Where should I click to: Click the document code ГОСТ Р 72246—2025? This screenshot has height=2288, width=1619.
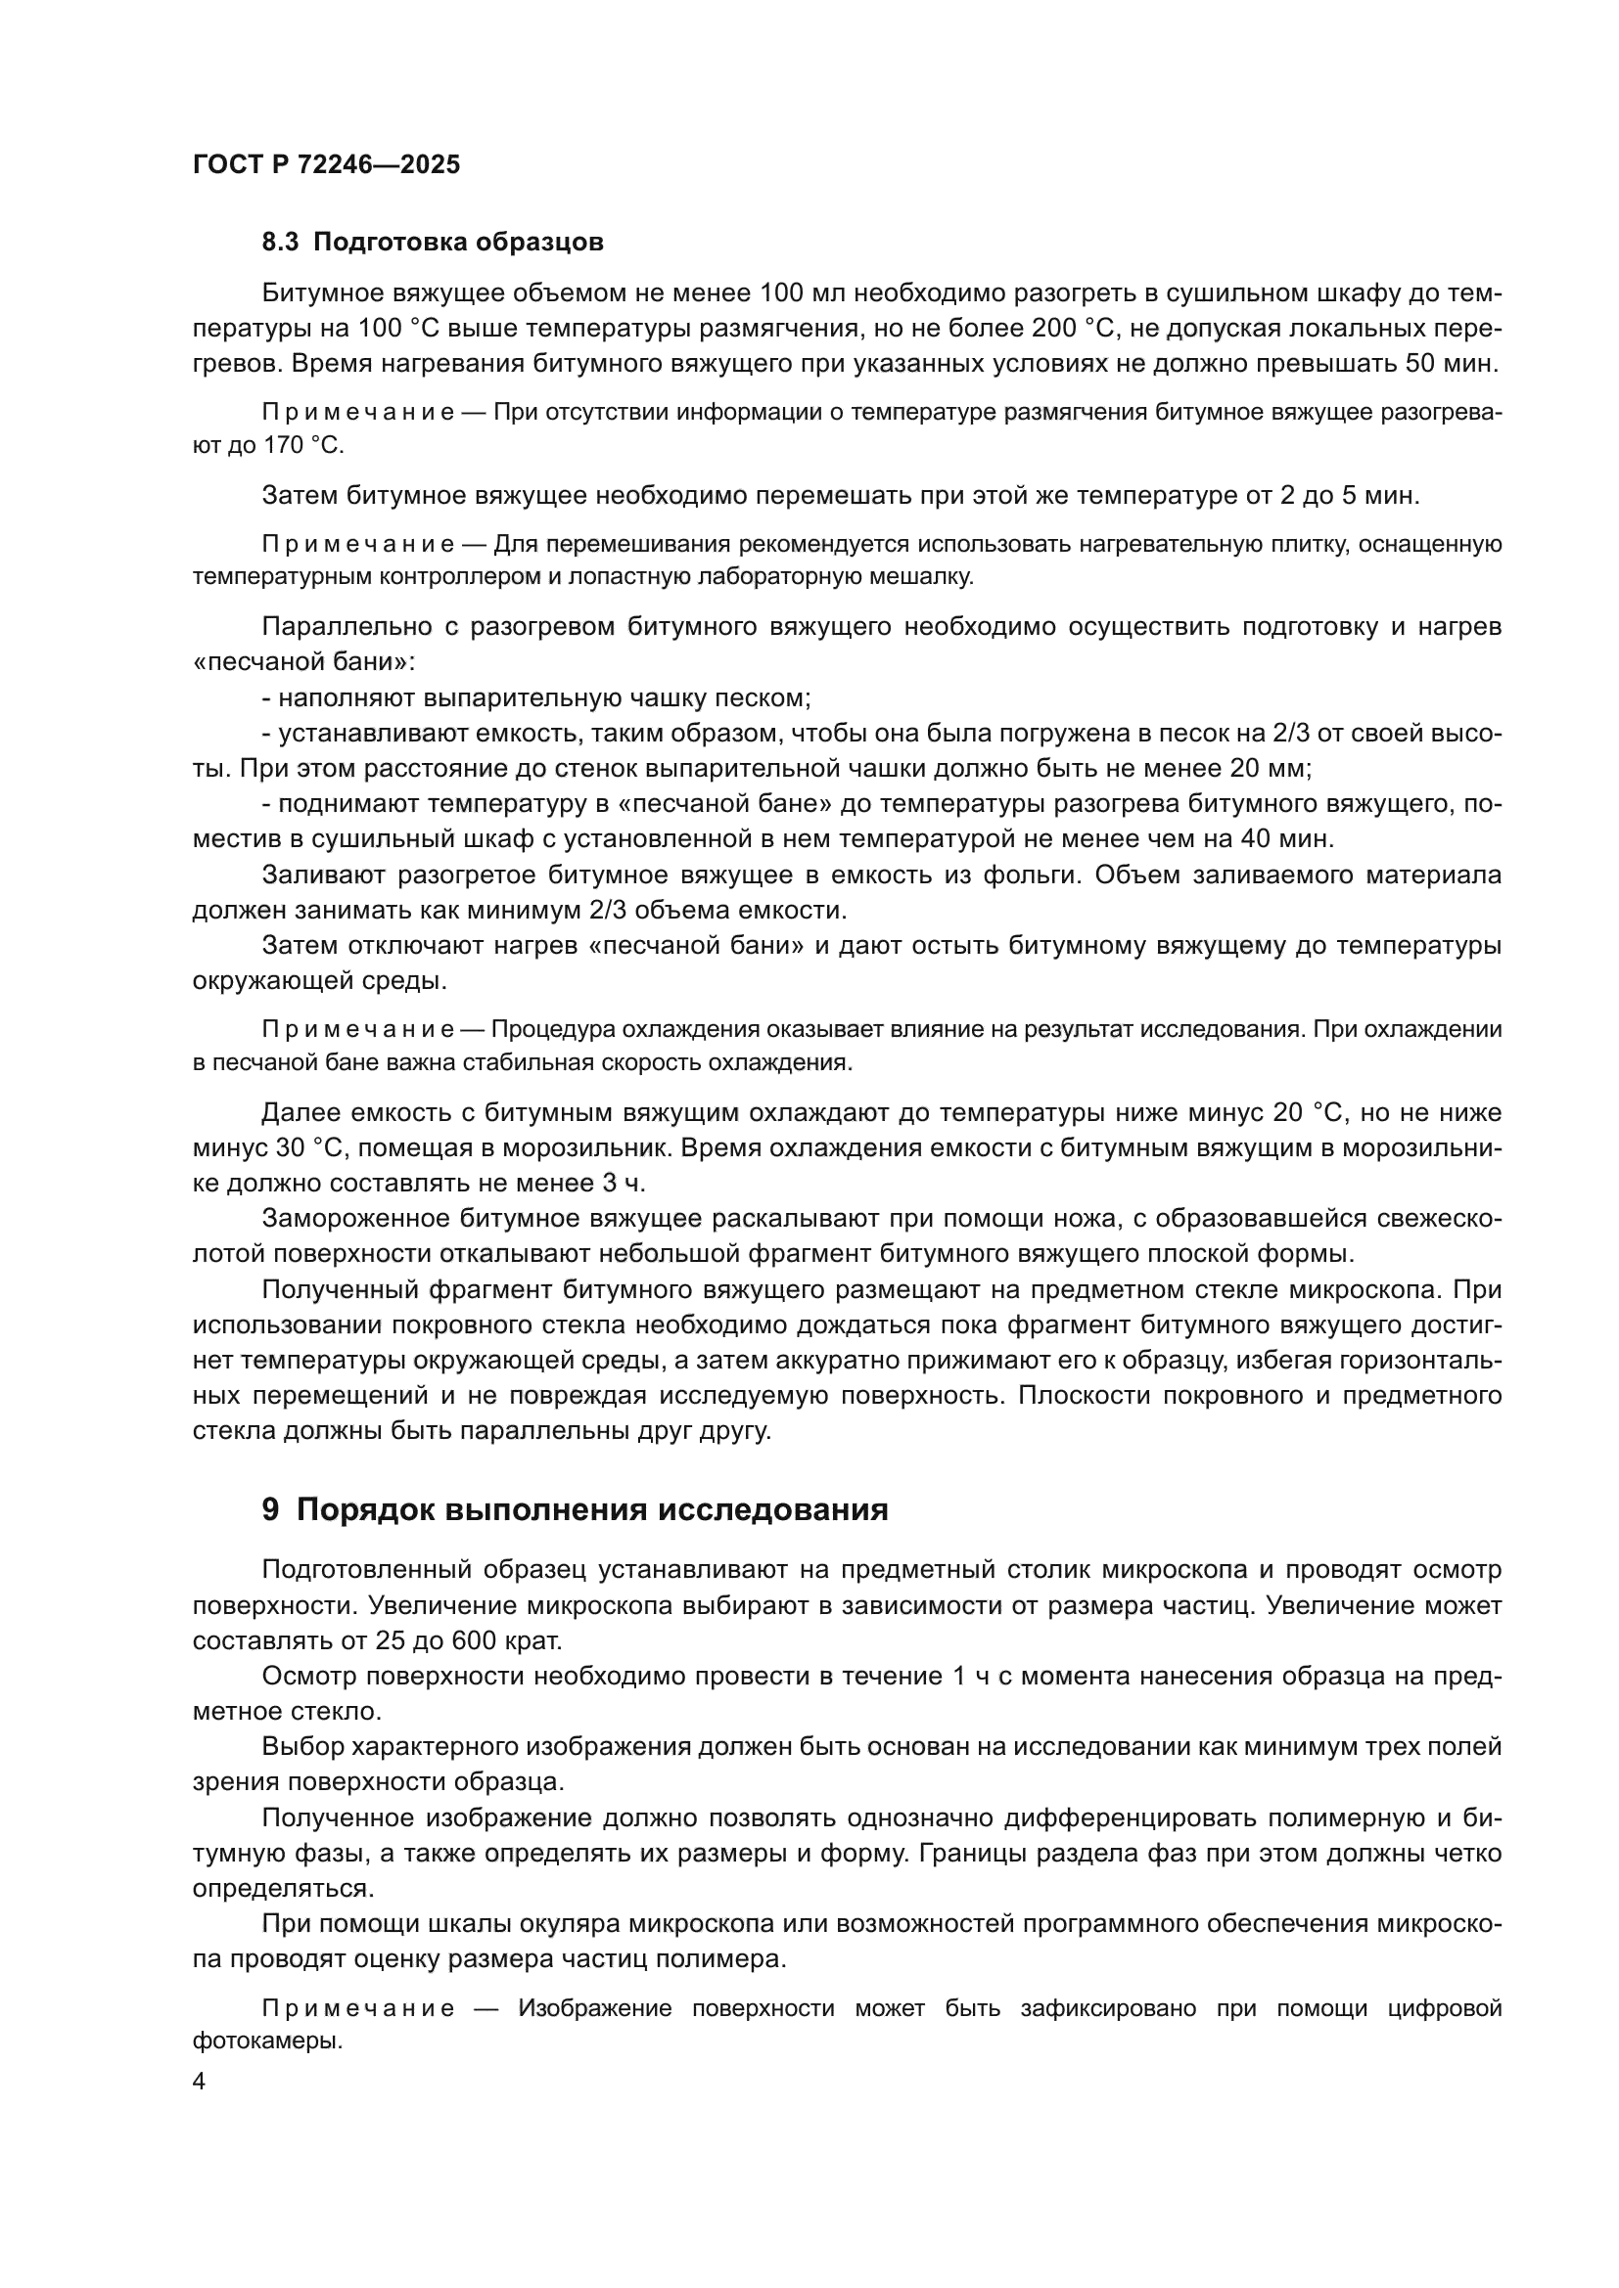coord(326,164)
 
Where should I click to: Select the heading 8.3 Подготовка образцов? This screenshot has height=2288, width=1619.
coord(432,243)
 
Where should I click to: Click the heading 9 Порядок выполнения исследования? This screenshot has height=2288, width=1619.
coord(575,1509)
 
